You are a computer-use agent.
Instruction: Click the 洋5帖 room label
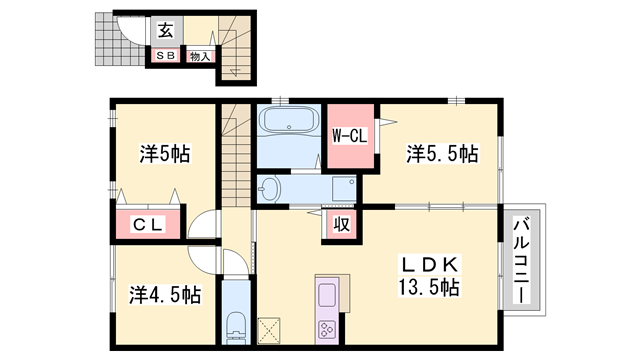[164, 154]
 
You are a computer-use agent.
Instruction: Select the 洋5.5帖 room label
[440, 154]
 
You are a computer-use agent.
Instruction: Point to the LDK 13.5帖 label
[430, 275]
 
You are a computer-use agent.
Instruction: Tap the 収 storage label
[340, 225]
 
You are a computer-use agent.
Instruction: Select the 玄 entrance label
[164, 30]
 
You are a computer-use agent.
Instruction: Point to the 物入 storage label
[200, 56]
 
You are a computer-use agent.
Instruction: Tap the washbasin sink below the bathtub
[270, 188]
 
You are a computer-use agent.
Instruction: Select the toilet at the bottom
[236, 325]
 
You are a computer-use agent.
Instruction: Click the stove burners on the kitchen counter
[329, 329]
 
